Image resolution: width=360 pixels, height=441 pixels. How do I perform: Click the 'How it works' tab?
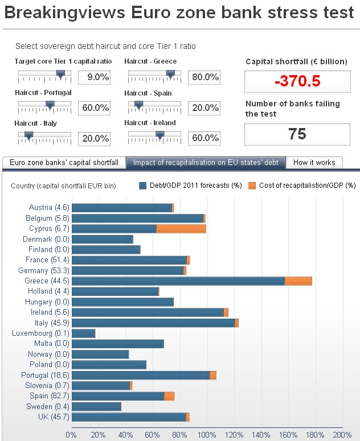314,163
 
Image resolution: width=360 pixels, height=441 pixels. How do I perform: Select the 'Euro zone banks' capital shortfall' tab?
64,163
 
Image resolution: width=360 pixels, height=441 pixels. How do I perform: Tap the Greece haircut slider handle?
170,73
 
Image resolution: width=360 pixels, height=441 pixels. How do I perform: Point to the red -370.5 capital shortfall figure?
297,81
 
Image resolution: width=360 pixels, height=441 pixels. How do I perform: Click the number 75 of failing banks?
297,134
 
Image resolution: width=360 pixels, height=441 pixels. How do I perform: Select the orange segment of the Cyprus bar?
181,229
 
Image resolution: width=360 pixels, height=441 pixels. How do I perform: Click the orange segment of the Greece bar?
298,281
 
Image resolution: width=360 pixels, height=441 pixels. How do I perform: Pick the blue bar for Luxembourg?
84,333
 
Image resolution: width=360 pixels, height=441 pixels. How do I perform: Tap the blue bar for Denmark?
103,240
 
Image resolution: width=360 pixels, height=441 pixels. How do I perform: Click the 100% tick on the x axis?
207,435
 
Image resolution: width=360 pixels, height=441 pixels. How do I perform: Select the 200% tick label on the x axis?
342,435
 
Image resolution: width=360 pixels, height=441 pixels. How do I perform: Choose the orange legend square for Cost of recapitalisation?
252,186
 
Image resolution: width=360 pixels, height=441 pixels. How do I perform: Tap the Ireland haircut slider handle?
160,135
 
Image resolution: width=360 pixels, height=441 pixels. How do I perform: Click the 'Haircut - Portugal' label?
43,93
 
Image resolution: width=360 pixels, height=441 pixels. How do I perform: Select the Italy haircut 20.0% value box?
94,138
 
